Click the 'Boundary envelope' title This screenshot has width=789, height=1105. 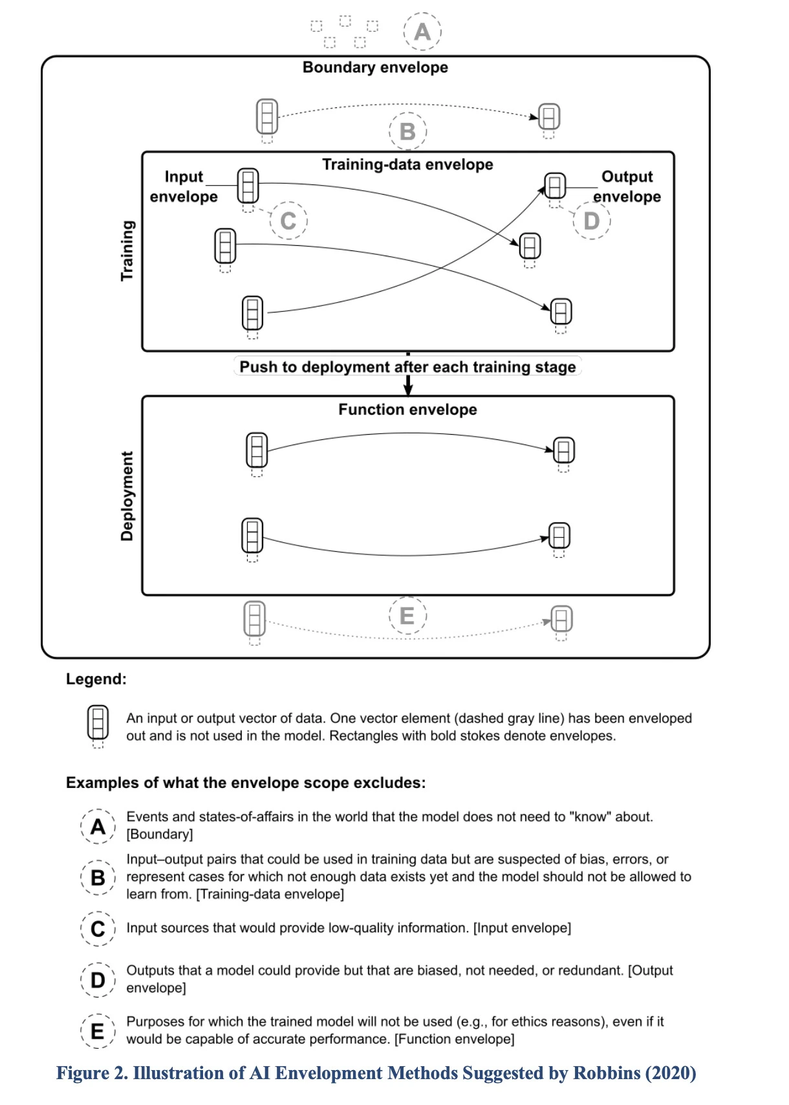[x=375, y=67]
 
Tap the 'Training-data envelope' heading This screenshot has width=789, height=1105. [x=408, y=164]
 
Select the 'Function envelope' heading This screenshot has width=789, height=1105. [x=408, y=410]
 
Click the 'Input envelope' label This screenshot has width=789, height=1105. [x=184, y=186]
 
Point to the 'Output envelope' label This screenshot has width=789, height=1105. [x=627, y=186]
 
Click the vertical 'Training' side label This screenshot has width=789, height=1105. [x=127, y=250]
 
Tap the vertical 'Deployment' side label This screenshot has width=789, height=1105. [x=127, y=496]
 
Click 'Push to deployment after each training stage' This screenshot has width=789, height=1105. [x=408, y=367]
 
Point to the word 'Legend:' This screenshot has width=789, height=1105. [x=96, y=679]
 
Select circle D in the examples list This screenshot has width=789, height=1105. [x=98, y=979]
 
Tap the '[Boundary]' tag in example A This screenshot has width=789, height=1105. [x=159, y=834]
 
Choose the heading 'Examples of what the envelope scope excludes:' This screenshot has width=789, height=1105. [x=246, y=783]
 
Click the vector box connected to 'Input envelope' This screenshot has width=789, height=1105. [x=248, y=186]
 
